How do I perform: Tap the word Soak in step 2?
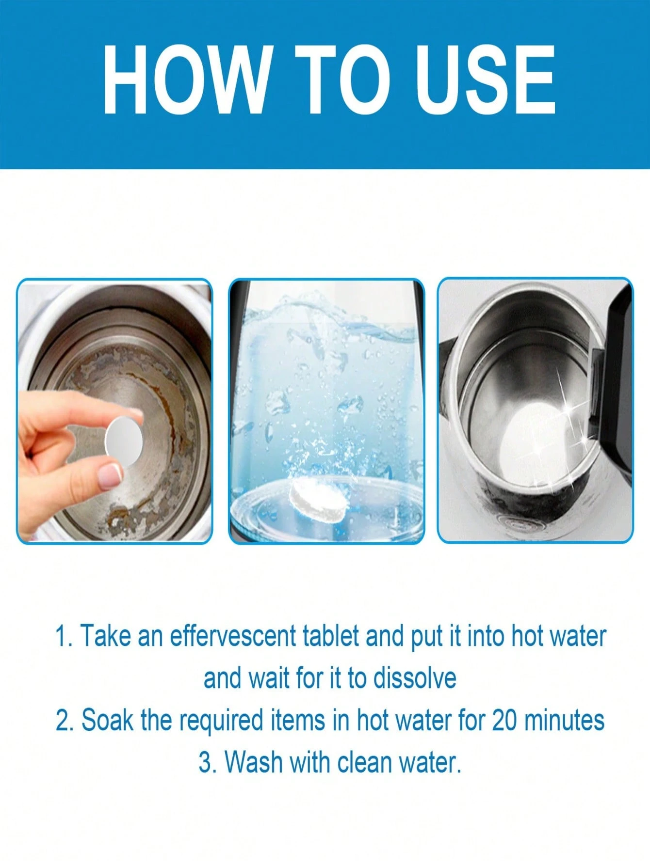click(x=107, y=720)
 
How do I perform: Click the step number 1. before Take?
click(x=64, y=636)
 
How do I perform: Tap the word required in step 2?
click(x=221, y=721)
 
